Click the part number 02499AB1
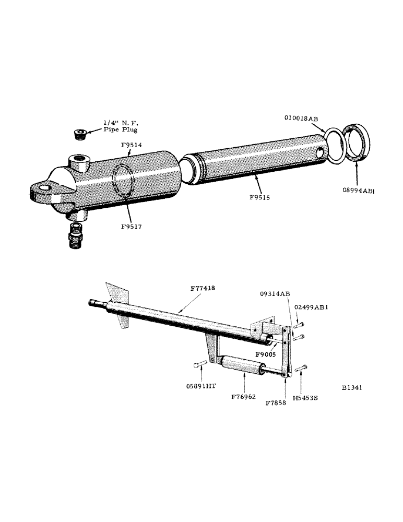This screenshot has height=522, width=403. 312,307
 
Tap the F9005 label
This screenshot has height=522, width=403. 265,353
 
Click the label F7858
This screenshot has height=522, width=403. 276,403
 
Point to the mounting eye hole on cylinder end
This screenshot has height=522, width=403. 45,187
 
